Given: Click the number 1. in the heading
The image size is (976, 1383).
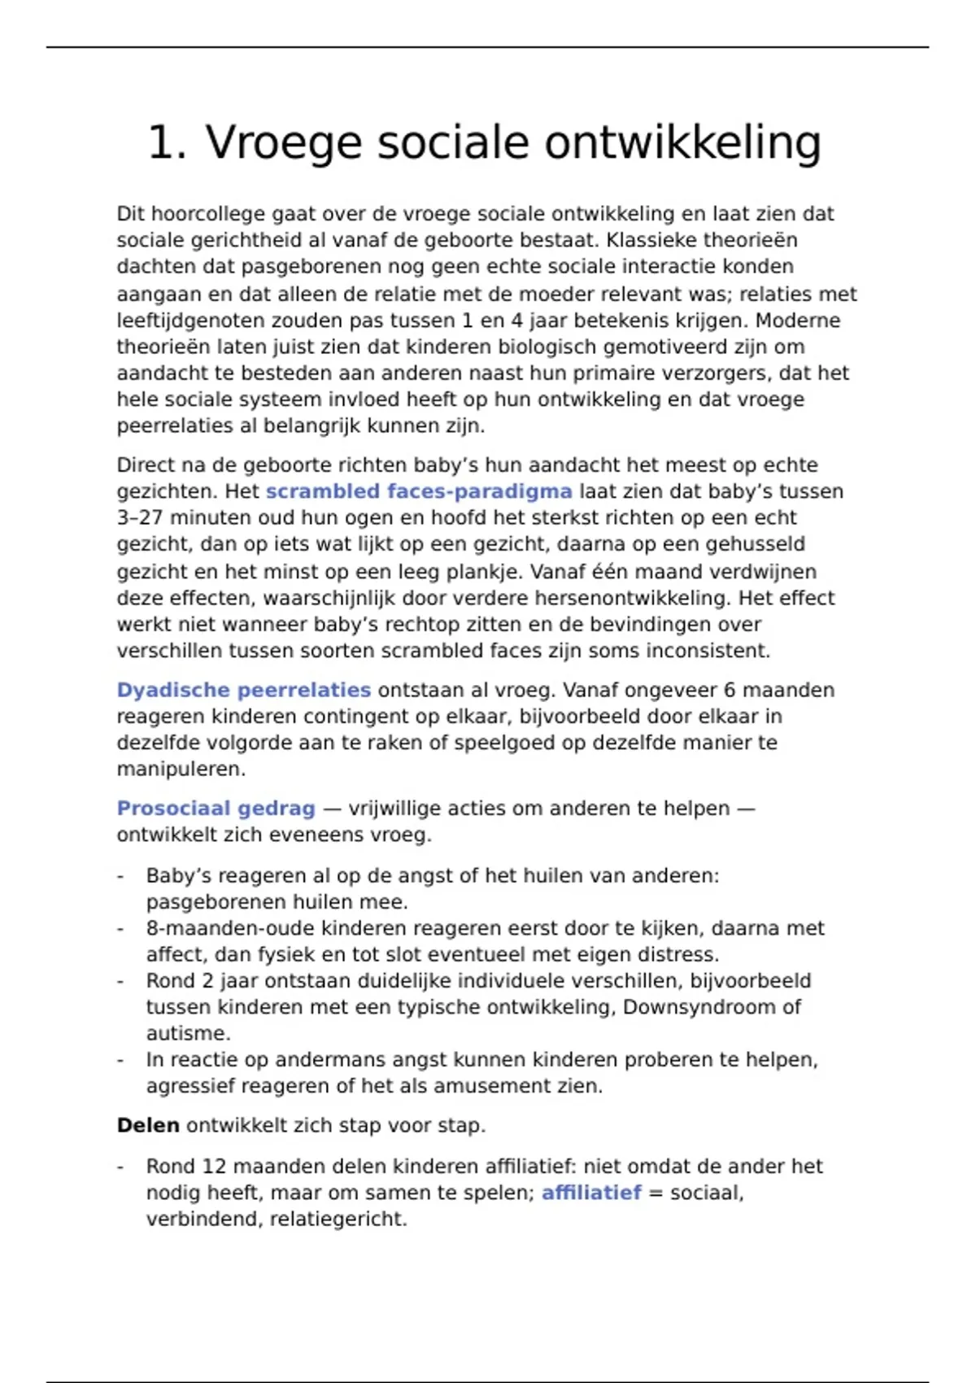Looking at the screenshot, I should [x=168, y=143].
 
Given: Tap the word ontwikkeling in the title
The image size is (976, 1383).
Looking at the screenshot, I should [x=682, y=143].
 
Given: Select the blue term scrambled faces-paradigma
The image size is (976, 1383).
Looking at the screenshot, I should [x=419, y=491].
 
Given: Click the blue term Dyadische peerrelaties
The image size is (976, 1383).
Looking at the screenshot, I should [x=243, y=690].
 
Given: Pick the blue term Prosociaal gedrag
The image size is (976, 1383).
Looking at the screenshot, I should [x=216, y=809].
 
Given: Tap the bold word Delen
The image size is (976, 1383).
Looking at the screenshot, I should [x=148, y=1125].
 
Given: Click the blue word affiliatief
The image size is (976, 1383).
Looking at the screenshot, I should [x=591, y=1193].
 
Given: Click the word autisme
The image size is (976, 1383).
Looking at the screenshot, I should [x=188, y=1033].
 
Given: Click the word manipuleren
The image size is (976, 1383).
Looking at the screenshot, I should [x=181, y=769].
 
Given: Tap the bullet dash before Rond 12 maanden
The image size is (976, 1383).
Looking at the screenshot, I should [x=120, y=1167].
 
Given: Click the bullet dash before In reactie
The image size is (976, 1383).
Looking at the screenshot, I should [x=120, y=1060].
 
